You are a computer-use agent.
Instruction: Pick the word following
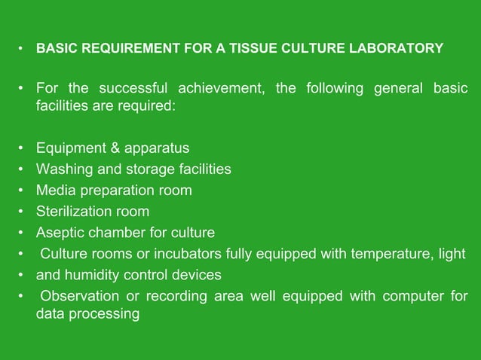click(x=334, y=90)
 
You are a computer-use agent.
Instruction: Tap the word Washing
click(x=63, y=169)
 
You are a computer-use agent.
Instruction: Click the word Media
click(x=54, y=190)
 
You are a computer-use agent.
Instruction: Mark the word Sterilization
click(x=74, y=211)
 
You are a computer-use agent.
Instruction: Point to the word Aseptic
click(x=60, y=232)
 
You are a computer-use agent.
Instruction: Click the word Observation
click(x=80, y=295)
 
